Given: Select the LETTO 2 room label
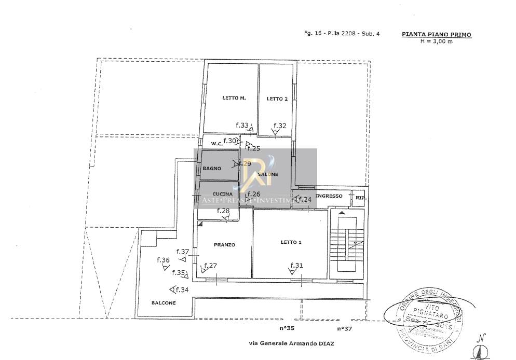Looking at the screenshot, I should pos(277,99).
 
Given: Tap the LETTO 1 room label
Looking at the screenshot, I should pos(291,242).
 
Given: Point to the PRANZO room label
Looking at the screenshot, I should pos(225,244).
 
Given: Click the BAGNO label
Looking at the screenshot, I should pos(212,169).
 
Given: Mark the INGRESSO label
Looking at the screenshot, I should pos(329,196).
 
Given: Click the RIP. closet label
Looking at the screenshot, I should pos(359,198).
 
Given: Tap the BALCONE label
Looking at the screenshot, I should pos(164,303).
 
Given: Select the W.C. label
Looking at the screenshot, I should pos(217,144).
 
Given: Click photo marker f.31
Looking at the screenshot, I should pos(296,266).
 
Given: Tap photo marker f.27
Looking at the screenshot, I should pos(210,266).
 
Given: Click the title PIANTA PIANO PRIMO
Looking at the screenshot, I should pos(437,34).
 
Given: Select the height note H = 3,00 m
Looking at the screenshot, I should pos(437,41).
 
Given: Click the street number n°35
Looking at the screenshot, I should pos(287,328).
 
